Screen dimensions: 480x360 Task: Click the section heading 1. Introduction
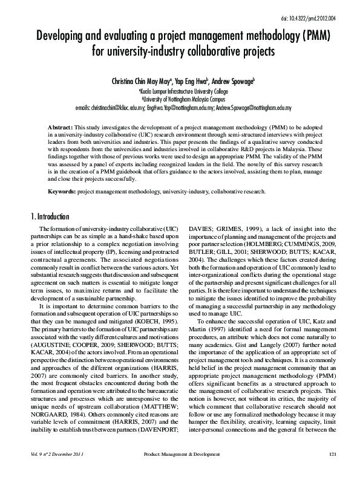50,217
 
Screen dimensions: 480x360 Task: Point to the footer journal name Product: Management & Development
185,470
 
